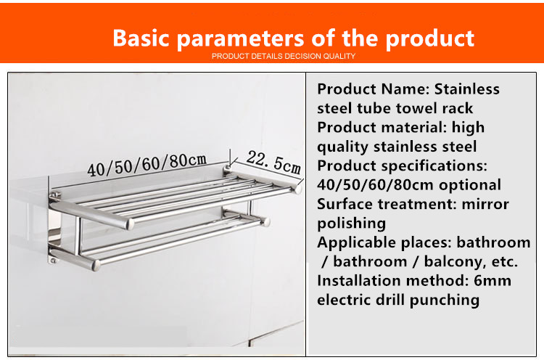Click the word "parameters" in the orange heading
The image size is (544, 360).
click(x=240, y=38)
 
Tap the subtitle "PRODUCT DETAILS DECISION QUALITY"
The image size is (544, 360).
click(x=284, y=56)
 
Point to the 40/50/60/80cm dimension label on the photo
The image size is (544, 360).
click(x=147, y=164)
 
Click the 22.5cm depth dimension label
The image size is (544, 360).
click(x=273, y=163)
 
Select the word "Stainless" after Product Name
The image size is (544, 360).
click(x=467, y=89)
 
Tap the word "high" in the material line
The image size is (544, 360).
click(x=468, y=128)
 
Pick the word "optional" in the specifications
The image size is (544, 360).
click(x=470, y=185)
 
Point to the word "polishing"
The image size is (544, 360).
click(x=352, y=224)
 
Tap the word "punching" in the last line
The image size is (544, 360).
click(x=445, y=300)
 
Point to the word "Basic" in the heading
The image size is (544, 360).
click(x=141, y=38)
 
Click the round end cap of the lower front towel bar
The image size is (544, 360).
click(x=96, y=265)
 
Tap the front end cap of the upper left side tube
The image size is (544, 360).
click(x=130, y=224)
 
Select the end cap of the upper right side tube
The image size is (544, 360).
click(x=297, y=189)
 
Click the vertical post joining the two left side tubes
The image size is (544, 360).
click(x=79, y=234)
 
